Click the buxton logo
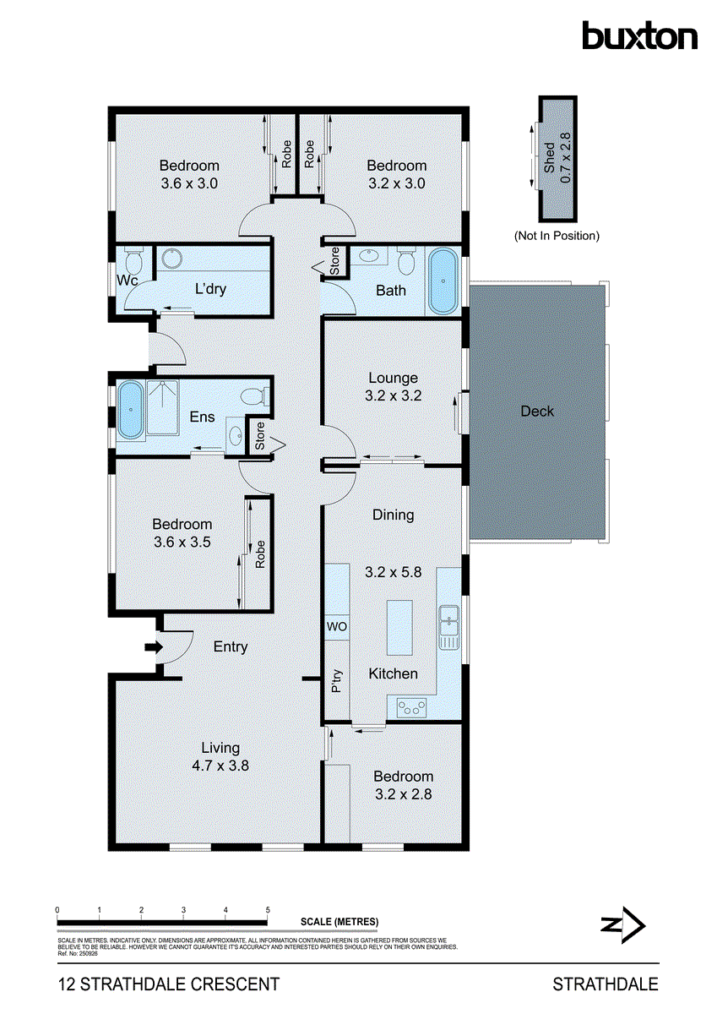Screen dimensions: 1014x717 pos(639,35)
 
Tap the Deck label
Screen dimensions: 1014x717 pos(537,412)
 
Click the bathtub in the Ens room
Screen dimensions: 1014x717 pos(129,412)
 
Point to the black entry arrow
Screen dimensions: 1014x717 pos(152,647)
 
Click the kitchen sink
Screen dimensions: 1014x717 pos(448,625)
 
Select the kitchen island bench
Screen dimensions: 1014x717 pos(399,626)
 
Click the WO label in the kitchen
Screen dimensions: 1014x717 pos(337,627)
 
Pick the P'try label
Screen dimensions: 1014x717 pos(337,681)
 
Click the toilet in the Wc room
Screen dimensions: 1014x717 pos(131,257)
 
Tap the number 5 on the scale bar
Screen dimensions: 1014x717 pos(268,910)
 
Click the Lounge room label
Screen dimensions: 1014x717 pos(393,378)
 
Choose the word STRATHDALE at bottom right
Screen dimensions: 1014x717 pos(605,984)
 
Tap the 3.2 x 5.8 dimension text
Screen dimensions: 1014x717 pos(393,572)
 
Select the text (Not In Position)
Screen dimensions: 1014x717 pos(557,236)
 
